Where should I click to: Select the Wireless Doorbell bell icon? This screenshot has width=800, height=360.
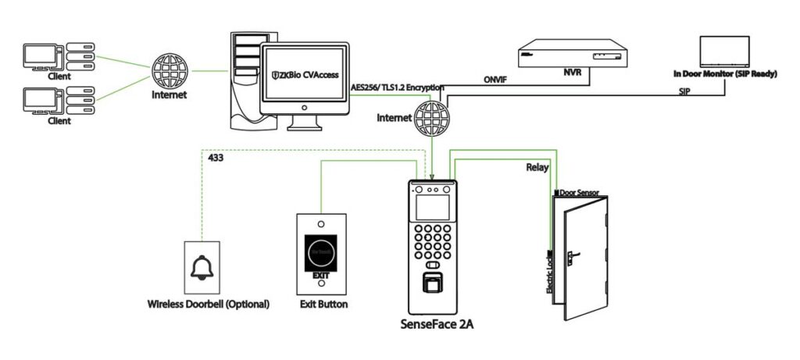202,268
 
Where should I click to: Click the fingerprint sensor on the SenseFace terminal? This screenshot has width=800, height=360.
431,284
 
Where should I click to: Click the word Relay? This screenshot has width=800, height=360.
537,166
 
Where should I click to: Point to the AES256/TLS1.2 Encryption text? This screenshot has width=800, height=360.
397,87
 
